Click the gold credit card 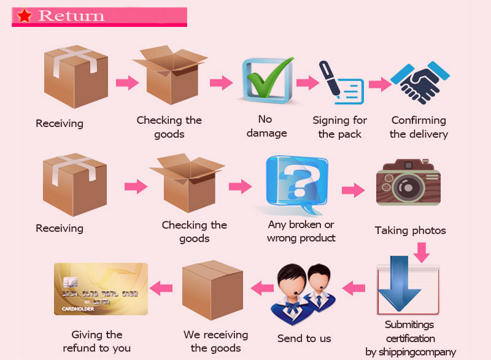pyautogui.click(x=101, y=289)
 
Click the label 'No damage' pyautogui.click(x=265, y=126)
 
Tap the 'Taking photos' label pyautogui.click(x=410, y=231)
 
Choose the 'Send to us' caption pyautogui.click(x=304, y=339)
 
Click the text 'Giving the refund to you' pyautogui.click(x=96, y=342)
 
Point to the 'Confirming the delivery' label pyautogui.click(x=419, y=127)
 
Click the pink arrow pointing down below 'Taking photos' pyautogui.click(x=422, y=251)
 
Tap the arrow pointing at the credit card pyautogui.click(x=161, y=286)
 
